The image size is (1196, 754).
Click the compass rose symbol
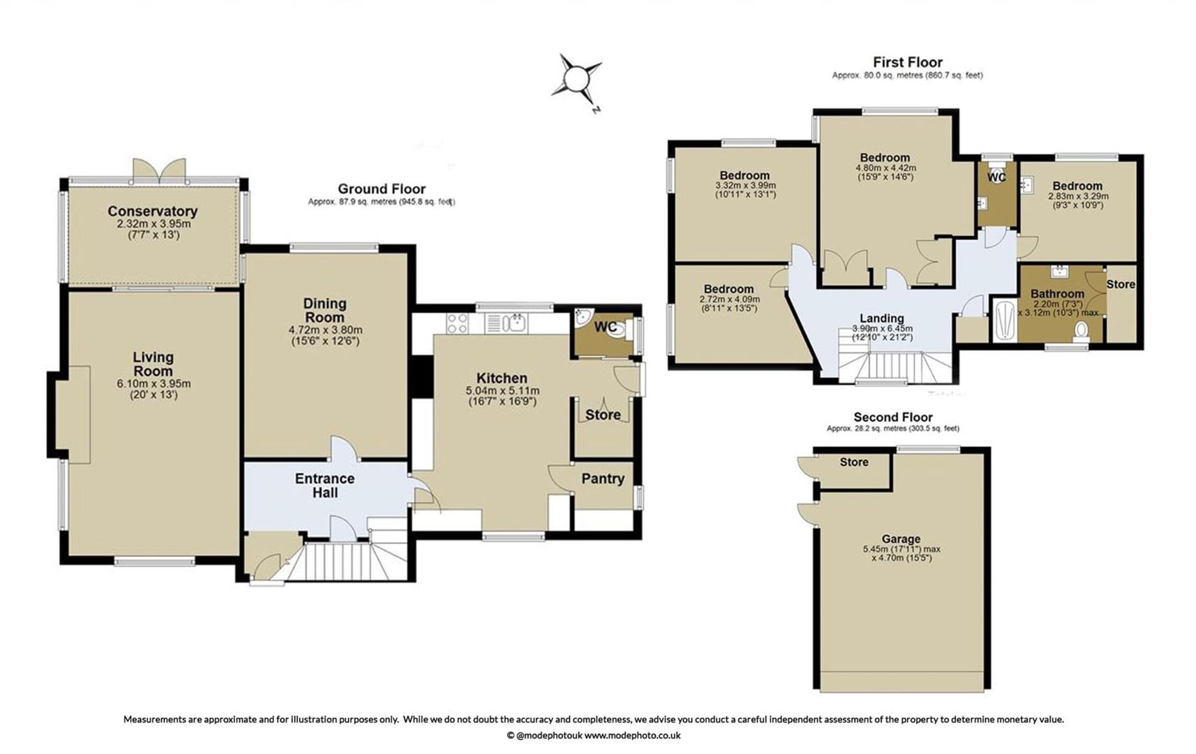(x=577, y=79)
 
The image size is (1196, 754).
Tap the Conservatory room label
(x=152, y=211)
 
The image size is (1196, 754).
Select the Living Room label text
(x=153, y=364)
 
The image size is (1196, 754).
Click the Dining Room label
(x=325, y=310)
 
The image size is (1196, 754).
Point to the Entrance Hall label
(x=325, y=486)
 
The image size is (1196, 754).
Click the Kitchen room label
(x=502, y=378)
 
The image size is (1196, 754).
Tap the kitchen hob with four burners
(x=457, y=323)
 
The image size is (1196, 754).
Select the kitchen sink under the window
(x=508, y=323)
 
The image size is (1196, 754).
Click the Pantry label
(x=603, y=478)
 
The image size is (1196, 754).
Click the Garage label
(x=901, y=539)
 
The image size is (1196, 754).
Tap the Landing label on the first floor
(x=881, y=318)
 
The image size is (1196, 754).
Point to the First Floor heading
(x=907, y=62)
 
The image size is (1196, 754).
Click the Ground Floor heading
(x=382, y=190)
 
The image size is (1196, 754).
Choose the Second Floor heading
(x=893, y=417)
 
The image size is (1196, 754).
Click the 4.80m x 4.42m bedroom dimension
(x=886, y=168)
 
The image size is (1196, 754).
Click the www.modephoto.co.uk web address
(x=632, y=735)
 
